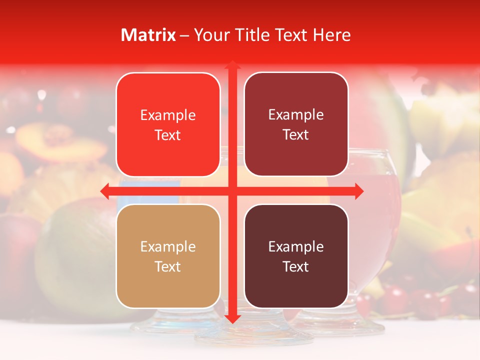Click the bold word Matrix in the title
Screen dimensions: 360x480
coord(148,35)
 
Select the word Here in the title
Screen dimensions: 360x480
coord(331,35)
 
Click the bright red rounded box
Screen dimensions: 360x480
coord(168,125)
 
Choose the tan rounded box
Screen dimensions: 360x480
coord(168,256)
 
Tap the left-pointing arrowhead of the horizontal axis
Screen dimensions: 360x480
coord(105,191)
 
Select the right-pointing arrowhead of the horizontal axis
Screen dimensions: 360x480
coord(358,191)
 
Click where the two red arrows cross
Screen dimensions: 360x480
coord(232,191)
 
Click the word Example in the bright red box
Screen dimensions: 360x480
coord(168,115)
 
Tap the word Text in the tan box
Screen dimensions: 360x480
coord(168,266)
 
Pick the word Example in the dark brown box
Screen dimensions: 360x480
coord(296,246)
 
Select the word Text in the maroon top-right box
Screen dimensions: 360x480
coord(296,135)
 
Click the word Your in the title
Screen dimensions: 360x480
coord(210,35)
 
